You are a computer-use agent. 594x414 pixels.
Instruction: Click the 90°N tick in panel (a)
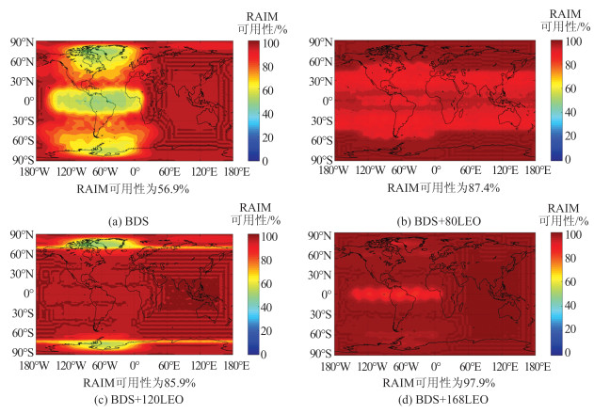pyautogui.click(x=22, y=42)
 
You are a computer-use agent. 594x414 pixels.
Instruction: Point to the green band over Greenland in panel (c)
pyautogui.click(x=99, y=243)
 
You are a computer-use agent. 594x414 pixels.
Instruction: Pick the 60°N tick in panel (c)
pyautogui.click(x=22, y=254)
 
